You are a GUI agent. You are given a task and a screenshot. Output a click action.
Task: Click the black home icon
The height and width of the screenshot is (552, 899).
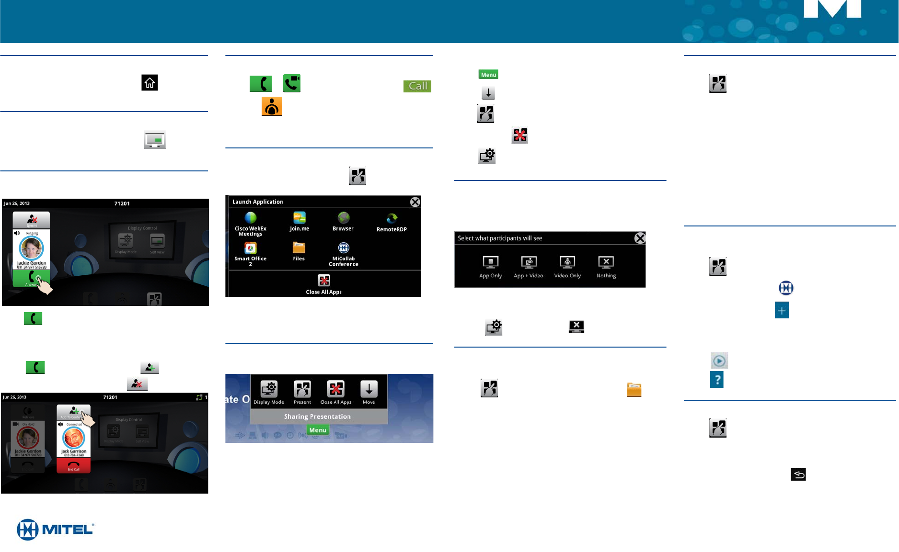pyautogui.click(x=150, y=83)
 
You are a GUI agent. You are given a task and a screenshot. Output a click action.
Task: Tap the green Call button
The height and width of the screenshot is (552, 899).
pyautogui.click(x=417, y=86)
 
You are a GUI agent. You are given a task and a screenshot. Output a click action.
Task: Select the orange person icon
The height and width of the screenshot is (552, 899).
pyautogui.click(x=272, y=106)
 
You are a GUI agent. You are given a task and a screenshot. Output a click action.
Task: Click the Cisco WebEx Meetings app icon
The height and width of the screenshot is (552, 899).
pyautogui.click(x=251, y=218)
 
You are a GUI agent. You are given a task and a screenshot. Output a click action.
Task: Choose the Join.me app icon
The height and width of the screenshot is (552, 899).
pyautogui.click(x=300, y=218)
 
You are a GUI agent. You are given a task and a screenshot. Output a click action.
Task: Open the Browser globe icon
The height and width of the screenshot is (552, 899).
pyautogui.click(x=343, y=218)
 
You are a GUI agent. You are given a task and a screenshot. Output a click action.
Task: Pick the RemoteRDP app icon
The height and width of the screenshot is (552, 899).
pyautogui.click(x=392, y=219)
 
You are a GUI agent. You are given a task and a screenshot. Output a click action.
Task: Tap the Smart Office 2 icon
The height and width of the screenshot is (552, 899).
pyautogui.click(x=250, y=248)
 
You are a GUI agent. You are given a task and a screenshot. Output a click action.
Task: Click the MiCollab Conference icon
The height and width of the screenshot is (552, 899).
pyautogui.click(x=344, y=248)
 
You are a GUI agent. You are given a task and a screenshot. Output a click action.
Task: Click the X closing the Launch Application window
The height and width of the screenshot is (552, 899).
pyautogui.click(x=415, y=202)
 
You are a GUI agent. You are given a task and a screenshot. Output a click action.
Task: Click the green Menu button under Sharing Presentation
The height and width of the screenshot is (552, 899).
pyautogui.click(x=318, y=430)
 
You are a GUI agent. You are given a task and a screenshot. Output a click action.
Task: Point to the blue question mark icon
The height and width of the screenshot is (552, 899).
pyautogui.click(x=716, y=380)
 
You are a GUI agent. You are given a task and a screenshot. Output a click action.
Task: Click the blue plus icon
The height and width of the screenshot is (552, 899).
pyautogui.click(x=782, y=310)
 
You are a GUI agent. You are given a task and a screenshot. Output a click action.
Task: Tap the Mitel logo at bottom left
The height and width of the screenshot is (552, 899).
pyautogui.click(x=55, y=529)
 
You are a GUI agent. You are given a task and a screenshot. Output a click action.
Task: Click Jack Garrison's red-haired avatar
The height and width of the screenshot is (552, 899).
pyautogui.click(x=74, y=437)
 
